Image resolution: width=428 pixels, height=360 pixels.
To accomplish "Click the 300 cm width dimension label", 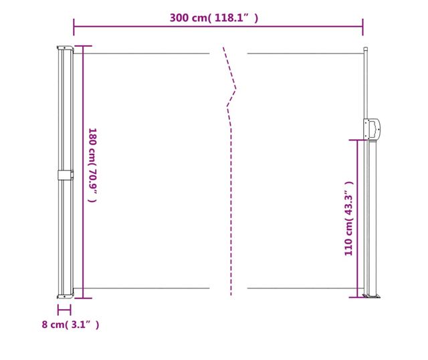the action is pyautogui.click(x=214, y=18).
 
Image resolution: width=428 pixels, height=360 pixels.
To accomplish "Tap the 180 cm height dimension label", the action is pyautogui.click(x=92, y=165).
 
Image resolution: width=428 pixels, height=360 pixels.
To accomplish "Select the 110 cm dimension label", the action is pyautogui.click(x=349, y=219).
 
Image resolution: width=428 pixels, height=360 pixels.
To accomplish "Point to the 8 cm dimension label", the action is pyautogui.click(x=70, y=325).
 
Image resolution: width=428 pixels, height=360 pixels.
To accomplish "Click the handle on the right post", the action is pyautogui.click(x=372, y=129).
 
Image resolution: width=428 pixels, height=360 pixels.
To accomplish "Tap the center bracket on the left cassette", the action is pyautogui.click(x=66, y=175).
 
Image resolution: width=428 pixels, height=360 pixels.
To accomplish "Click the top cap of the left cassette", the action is pyautogui.click(x=66, y=48).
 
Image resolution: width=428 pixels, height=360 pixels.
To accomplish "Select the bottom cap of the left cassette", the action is pyautogui.click(x=66, y=296).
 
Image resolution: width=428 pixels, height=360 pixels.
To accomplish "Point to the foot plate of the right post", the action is pyautogui.click(x=372, y=296).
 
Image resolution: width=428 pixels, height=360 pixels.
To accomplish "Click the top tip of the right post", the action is pyautogui.click(x=366, y=48).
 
